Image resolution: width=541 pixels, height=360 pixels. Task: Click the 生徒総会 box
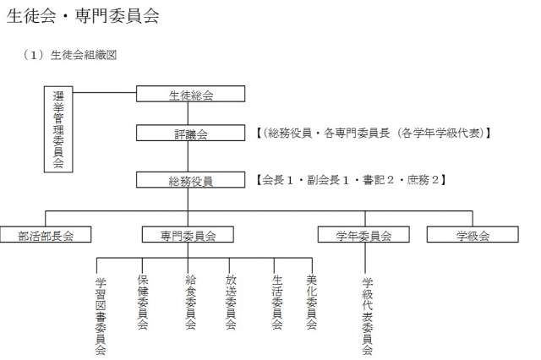pos(190,94)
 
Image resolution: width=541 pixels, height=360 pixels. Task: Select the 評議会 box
pos(190,133)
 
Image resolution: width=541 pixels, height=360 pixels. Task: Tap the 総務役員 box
pos(190,180)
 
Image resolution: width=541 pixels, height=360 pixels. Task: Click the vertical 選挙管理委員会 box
pos(58,129)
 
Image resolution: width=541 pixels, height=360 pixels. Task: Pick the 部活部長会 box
pos(46,234)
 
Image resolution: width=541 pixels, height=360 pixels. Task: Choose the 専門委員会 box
pos(188,234)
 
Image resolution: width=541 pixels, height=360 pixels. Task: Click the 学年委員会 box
pos(363,234)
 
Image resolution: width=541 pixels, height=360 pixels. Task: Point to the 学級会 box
pos(473,234)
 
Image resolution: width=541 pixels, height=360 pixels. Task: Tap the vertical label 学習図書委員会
pos(101,317)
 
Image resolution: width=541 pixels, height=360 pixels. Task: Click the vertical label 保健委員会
pos(143,302)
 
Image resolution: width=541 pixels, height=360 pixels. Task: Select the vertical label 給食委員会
pos(190,302)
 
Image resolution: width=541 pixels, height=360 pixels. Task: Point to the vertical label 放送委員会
pos(231,302)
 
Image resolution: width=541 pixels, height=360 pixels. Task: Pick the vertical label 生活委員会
pos(276,302)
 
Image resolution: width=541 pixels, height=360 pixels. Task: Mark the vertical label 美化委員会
pos(312,302)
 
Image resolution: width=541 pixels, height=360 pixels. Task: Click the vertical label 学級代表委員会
pos(367,317)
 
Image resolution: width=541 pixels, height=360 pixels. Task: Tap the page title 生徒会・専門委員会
pos(83,16)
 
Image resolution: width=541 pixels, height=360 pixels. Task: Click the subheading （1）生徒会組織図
pos(69,55)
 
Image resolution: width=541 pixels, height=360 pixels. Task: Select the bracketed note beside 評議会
pos(374,133)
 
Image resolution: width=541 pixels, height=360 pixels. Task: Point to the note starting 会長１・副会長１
pos(351,180)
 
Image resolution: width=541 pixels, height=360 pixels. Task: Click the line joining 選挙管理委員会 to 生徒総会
pos(105,92)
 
